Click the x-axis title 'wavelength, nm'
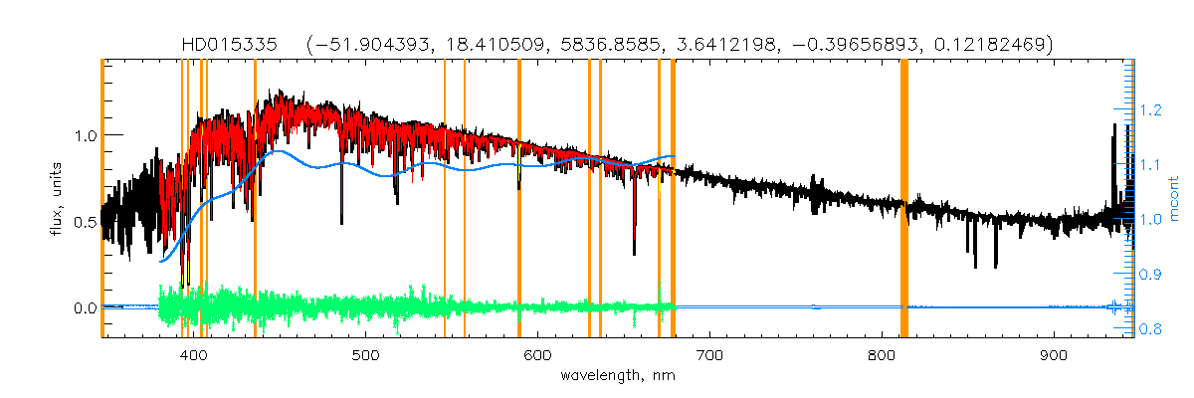tap(618, 377)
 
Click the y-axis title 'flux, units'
tap(56, 197)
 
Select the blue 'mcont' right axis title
tap(1173, 197)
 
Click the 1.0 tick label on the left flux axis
tap(83, 135)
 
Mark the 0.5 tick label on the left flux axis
tap(83, 222)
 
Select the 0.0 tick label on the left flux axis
tap(83, 308)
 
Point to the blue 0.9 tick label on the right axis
tap(1152, 274)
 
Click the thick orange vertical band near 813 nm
tap(904, 199)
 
